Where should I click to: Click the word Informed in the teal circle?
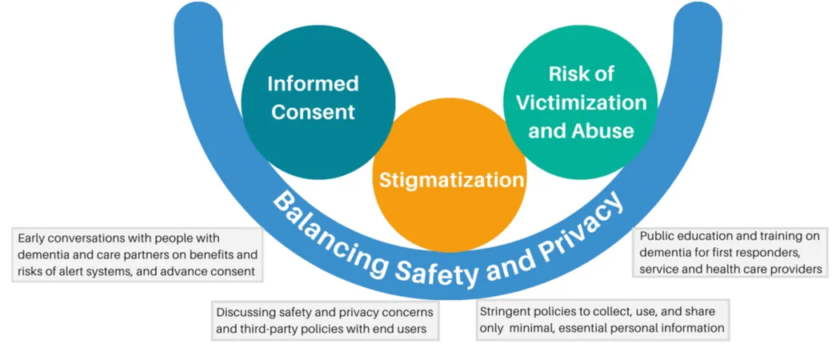pyautogui.click(x=313, y=84)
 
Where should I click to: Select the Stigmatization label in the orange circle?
pyautogui.click(x=451, y=180)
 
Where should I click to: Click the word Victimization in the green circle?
pyautogui.click(x=581, y=102)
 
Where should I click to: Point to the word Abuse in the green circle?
pyautogui.click(x=604, y=130)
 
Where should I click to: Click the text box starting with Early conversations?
pyautogui.click(x=138, y=254)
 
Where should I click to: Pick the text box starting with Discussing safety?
pyautogui.click(x=326, y=320)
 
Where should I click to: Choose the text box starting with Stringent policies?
pyautogui.click(x=602, y=319)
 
